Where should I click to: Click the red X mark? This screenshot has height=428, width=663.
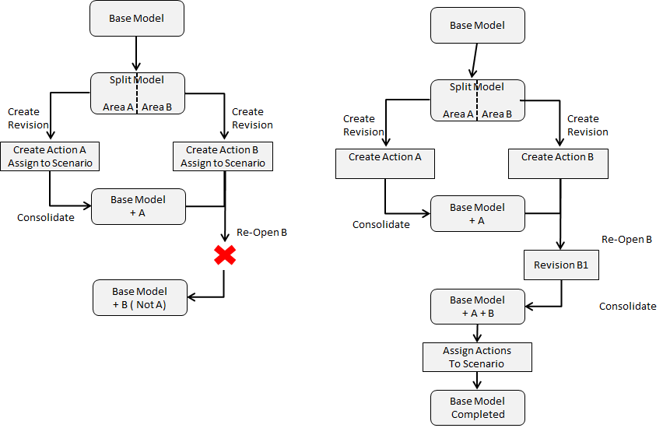(x=225, y=254)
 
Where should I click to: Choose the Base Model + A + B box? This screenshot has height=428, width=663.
(x=477, y=307)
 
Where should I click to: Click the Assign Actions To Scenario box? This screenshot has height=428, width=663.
(x=477, y=357)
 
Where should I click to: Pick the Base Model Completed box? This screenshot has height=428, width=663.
(x=477, y=408)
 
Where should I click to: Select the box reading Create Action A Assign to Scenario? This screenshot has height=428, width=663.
(x=50, y=156)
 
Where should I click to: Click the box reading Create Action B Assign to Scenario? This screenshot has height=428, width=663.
(x=223, y=156)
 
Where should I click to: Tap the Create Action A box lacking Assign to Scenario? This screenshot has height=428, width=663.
(x=384, y=163)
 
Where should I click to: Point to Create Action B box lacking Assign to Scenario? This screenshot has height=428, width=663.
(x=557, y=163)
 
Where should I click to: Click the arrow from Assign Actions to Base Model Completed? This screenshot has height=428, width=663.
(x=477, y=381)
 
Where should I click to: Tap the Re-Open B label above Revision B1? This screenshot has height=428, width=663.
(x=626, y=240)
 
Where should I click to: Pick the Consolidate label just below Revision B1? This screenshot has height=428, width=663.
(x=627, y=307)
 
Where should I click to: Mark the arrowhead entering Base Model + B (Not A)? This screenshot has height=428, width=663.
(x=191, y=296)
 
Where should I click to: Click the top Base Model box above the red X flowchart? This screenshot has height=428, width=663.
(x=137, y=18)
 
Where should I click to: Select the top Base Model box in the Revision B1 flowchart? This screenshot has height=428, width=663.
(x=477, y=25)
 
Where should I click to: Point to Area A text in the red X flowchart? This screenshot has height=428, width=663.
(x=118, y=107)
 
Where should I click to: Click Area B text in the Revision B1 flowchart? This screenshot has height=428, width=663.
(x=496, y=114)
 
